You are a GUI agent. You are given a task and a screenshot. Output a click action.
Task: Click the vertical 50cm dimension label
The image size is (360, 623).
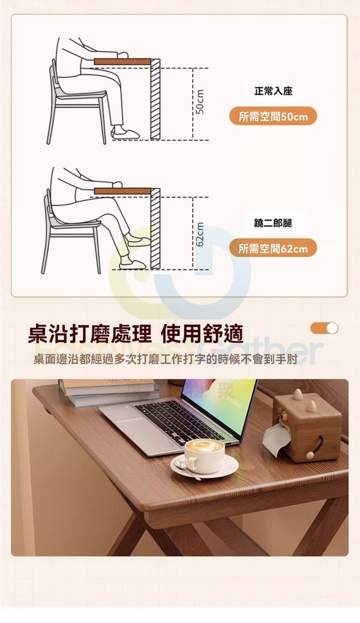pos(200,101)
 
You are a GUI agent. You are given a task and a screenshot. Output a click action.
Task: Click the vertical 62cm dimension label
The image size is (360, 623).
pos(200,235)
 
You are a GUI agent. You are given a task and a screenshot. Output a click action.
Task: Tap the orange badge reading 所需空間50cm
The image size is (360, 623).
pos(273,116)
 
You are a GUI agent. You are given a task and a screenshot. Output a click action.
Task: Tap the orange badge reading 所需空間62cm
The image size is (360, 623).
pos(273,248)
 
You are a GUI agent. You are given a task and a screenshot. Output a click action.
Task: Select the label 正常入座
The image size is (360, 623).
pos(273,91)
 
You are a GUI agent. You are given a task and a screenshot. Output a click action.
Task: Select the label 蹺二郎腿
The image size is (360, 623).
pos(273,223)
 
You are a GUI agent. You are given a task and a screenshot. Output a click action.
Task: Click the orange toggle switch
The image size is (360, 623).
pos(324,328)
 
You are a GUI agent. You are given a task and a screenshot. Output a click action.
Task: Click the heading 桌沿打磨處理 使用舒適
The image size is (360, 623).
pos(136,334)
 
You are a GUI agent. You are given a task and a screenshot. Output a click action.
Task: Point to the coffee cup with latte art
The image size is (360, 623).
pos(204,456)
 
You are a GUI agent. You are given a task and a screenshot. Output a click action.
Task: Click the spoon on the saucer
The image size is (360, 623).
pos(186,469)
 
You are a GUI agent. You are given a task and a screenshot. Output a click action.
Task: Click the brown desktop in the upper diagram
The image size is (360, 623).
pos(122,62)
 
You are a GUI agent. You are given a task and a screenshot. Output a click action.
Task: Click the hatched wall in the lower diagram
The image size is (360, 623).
pos(155,229)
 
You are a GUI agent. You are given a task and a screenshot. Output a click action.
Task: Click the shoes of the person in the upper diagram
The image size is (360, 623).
pos(125,133)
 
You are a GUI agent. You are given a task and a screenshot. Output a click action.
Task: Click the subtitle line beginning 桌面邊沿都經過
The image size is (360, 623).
pos(166,359)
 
